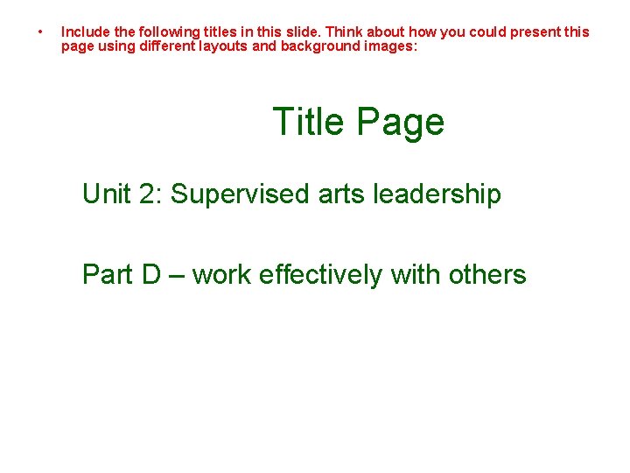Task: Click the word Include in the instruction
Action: point(84,32)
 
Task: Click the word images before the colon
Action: point(391,46)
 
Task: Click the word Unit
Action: point(105,194)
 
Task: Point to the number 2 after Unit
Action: point(144,194)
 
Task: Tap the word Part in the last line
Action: point(107,274)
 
